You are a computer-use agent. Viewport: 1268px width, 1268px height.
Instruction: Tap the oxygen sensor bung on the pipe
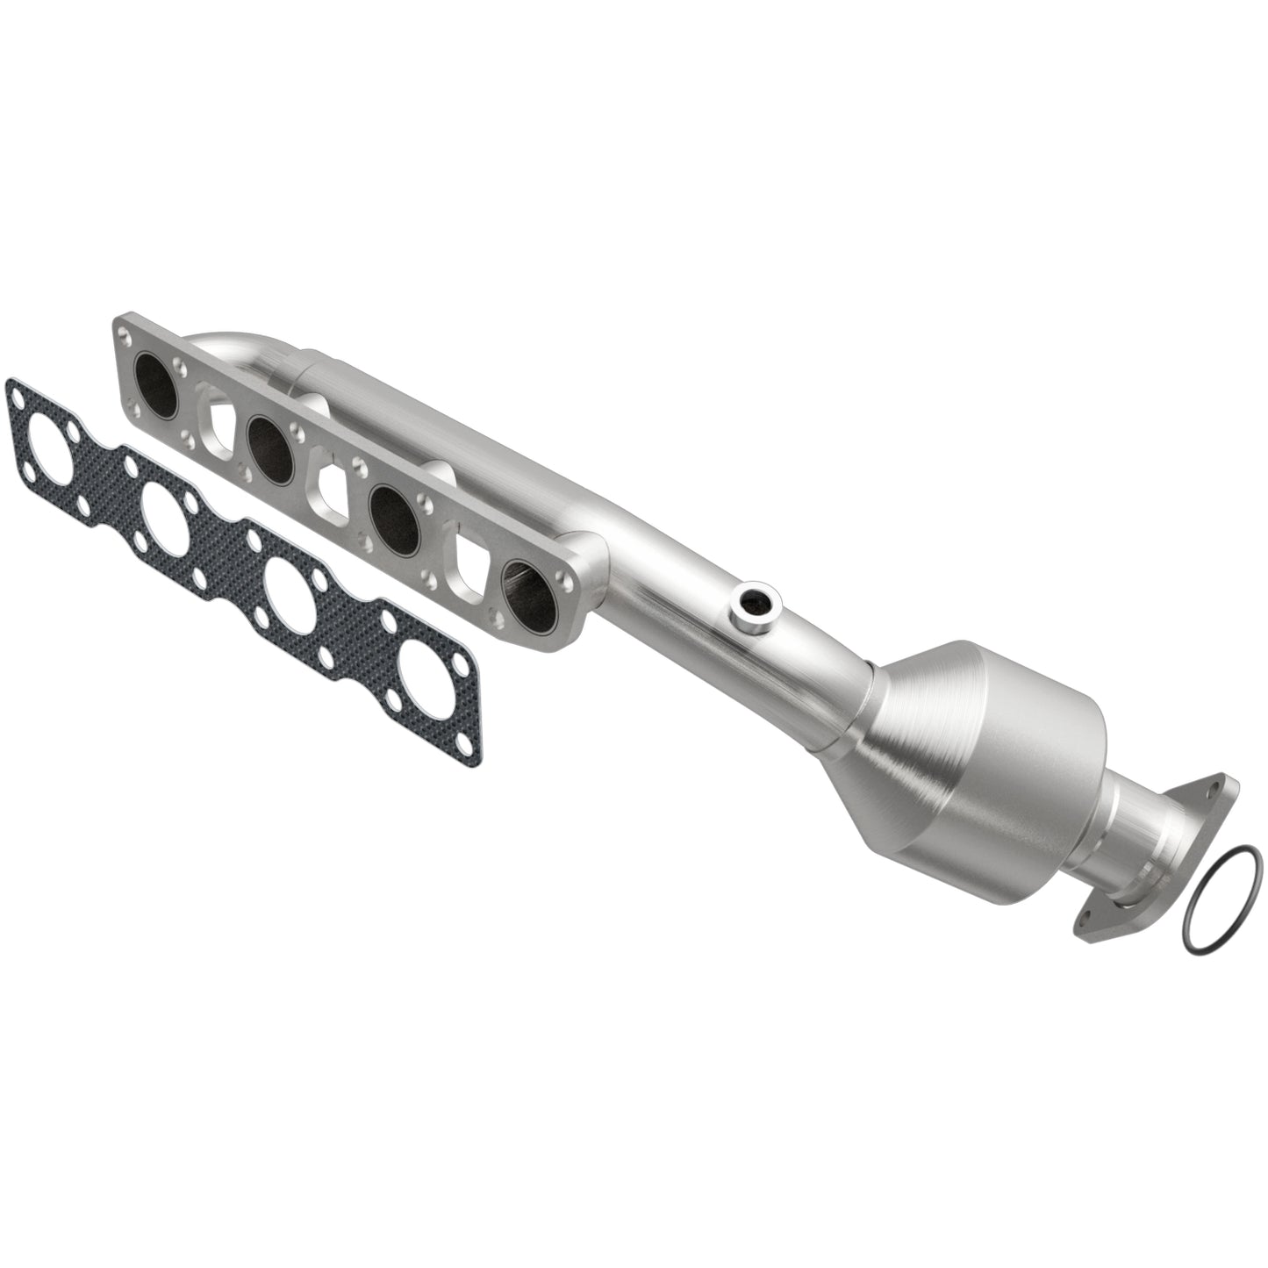click(x=753, y=601)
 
